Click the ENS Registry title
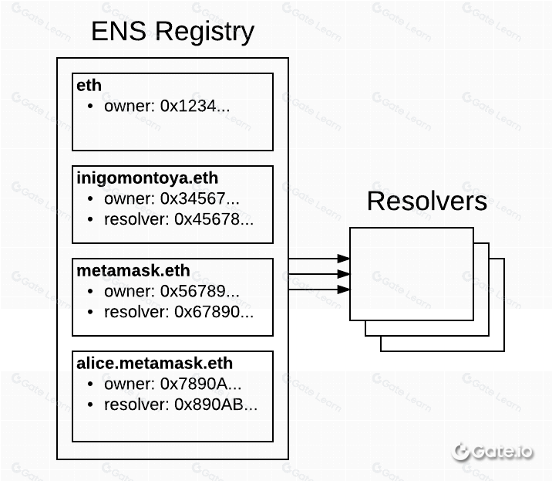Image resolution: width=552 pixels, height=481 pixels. [x=173, y=32]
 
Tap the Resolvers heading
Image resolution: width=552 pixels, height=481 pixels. [x=427, y=201]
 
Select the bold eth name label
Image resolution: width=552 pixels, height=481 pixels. [x=89, y=86]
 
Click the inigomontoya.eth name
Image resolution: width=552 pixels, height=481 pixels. [x=147, y=178]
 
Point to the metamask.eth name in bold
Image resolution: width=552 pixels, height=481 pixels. [x=133, y=271]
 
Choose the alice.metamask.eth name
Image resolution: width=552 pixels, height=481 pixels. [x=154, y=363]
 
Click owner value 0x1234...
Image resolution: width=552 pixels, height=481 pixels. [x=195, y=106]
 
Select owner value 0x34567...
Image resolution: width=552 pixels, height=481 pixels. [x=200, y=198]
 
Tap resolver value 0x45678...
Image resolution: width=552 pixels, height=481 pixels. [x=214, y=219]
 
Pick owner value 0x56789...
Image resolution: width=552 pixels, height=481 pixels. [x=200, y=291]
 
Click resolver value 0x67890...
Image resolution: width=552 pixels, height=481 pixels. [x=214, y=312]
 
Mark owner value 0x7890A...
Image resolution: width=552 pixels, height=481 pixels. [x=200, y=384]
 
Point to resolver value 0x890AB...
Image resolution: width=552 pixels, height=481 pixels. [x=216, y=405]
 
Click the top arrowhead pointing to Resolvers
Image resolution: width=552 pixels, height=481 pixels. [x=343, y=259]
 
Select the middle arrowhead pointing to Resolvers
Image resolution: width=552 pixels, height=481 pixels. [x=343, y=274]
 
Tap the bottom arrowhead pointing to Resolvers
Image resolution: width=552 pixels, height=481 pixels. [x=343, y=290]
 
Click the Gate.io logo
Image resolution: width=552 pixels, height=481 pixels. [x=492, y=452]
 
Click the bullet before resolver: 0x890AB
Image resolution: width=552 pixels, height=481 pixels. [x=90, y=405]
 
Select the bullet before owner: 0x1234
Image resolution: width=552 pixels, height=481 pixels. [x=90, y=106]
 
